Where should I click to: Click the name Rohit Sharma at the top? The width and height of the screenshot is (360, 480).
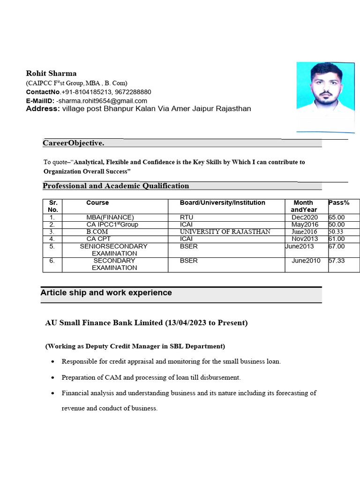coord(51,73)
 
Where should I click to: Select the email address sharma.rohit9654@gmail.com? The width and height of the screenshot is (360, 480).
coord(102,101)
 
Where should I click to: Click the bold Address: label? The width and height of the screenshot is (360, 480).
coord(43,109)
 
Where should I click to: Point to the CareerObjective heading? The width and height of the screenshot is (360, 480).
coord(74,142)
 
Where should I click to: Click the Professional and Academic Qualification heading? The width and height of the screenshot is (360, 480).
coord(116,186)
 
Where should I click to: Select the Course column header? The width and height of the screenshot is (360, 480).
coord(97,203)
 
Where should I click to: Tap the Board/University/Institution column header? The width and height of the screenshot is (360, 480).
coord(222,203)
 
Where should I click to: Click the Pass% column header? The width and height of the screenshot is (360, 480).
coord(339,203)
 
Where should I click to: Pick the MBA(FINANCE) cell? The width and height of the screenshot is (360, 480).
coord(110,217)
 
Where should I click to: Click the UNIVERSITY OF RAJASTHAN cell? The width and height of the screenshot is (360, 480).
coord(225,232)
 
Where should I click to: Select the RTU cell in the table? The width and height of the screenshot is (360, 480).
coord(187,217)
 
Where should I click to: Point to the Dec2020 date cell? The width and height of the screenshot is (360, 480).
coord(304,217)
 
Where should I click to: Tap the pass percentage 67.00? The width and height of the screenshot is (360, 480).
coord(337,246)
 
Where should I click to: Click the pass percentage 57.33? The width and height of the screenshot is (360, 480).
coord(337,261)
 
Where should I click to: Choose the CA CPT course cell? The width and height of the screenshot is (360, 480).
coord(98,239)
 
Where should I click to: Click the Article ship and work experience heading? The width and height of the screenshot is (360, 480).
coord(106,293)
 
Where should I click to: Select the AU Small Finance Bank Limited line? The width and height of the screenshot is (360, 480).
coord(146,323)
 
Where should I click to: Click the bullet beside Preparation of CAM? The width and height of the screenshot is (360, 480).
coord(52,377)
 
